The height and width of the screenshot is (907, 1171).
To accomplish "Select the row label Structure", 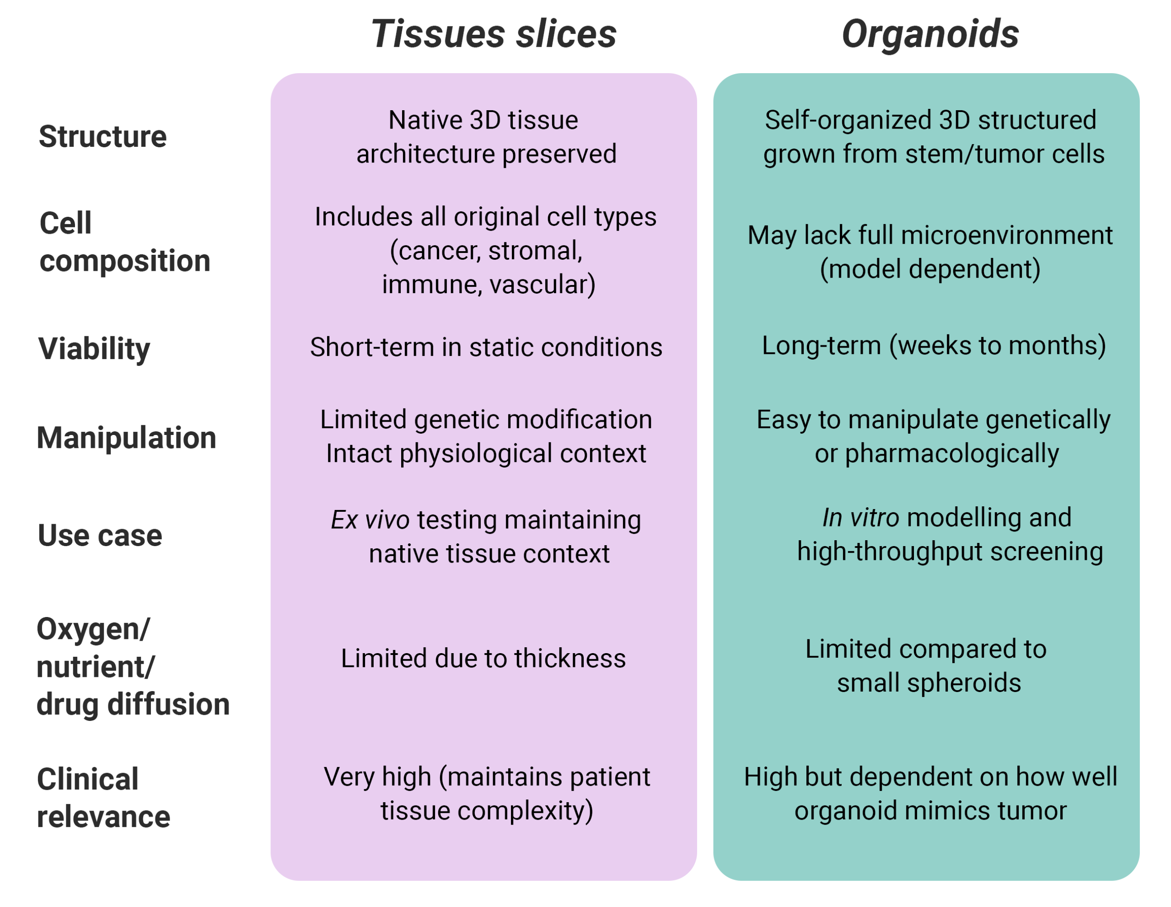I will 102,136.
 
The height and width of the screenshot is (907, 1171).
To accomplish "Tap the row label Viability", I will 94,349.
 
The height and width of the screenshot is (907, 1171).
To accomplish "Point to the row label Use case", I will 100,535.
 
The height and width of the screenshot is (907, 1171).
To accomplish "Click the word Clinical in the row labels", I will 87,779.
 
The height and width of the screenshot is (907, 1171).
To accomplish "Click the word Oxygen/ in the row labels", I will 93,629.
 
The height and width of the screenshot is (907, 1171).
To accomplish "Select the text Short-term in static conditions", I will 486,347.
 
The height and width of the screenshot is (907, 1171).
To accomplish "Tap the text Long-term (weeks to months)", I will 934,345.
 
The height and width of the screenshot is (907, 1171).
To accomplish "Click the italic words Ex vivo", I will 370,520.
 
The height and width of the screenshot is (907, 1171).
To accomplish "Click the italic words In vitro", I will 860,517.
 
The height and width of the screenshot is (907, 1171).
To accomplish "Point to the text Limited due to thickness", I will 483,658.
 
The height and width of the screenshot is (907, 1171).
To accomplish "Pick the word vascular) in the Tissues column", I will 542,284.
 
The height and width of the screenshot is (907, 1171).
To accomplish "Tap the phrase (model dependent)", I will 930,268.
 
